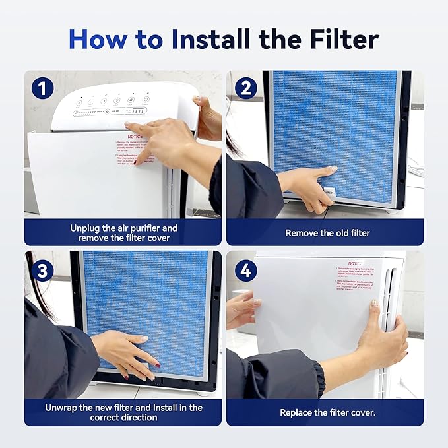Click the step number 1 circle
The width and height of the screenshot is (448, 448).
[x=42, y=88]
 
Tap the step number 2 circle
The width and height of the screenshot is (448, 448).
[x=245, y=88]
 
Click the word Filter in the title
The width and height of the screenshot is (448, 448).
[x=340, y=39]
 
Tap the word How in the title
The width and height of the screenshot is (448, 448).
[x=98, y=39]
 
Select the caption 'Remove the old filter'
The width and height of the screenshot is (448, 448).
[x=327, y=233]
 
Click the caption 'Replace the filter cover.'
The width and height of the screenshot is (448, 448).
[x=327, y=412]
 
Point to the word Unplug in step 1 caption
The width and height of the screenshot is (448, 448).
[x=86, y=228]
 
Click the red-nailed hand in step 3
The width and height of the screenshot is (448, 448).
[x=129, y=353]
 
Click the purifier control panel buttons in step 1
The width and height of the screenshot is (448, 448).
[x=112, y=102]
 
